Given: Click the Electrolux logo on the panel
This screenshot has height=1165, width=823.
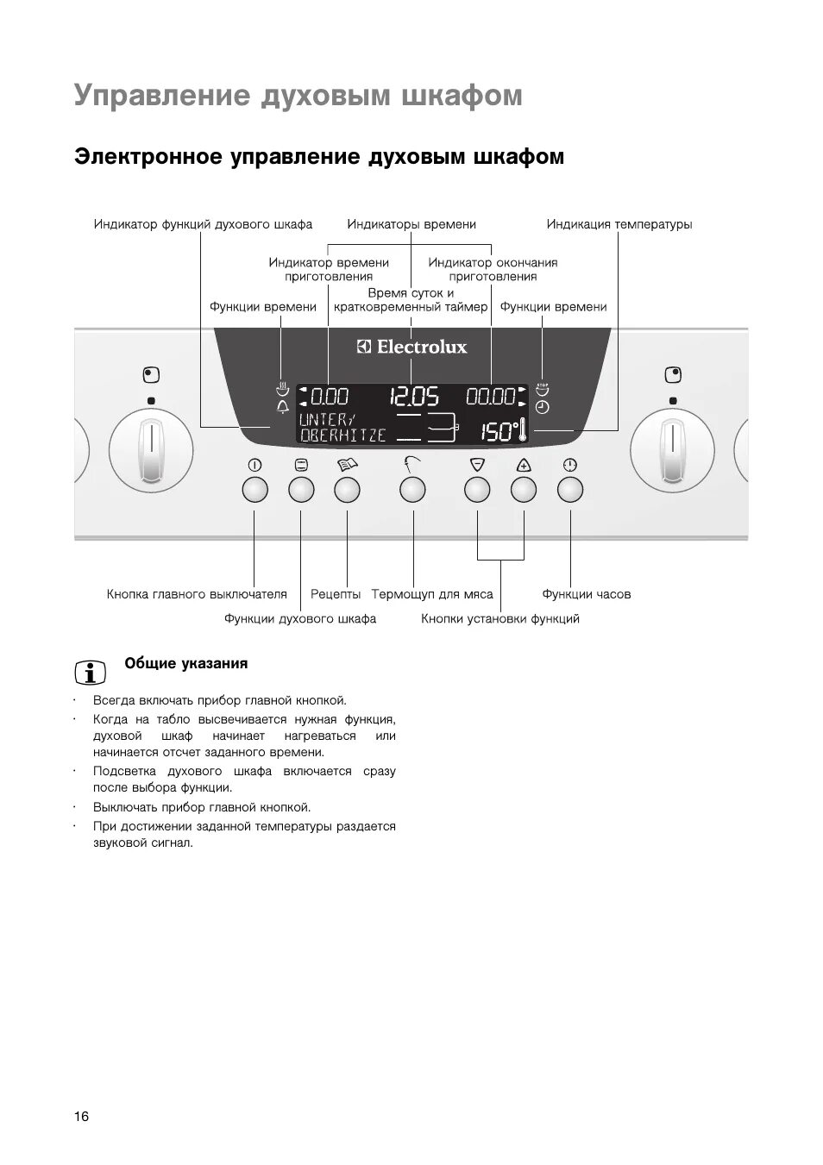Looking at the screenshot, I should point(411,347).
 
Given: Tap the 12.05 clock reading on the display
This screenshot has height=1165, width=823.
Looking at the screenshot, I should point(414,397).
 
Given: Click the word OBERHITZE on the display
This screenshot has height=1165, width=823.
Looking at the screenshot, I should point(342,435).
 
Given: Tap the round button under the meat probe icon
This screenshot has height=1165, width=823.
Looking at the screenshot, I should point(412,491).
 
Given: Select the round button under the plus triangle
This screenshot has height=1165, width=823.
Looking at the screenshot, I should point(524,491).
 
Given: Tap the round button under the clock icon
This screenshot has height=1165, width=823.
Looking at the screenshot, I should point(569,491).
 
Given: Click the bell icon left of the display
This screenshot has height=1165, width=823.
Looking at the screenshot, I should point(281,408).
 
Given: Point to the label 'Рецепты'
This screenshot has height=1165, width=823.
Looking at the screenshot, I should point(336,594).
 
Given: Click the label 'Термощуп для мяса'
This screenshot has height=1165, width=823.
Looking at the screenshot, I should point(432,594).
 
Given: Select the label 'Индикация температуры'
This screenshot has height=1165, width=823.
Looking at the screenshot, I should point(619,224).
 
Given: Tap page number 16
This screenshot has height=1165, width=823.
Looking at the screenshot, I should point(81,1117).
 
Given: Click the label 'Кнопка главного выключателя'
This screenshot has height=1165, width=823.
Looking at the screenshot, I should point(197,594).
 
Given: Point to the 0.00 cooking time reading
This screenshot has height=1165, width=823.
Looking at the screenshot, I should point(329,397).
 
